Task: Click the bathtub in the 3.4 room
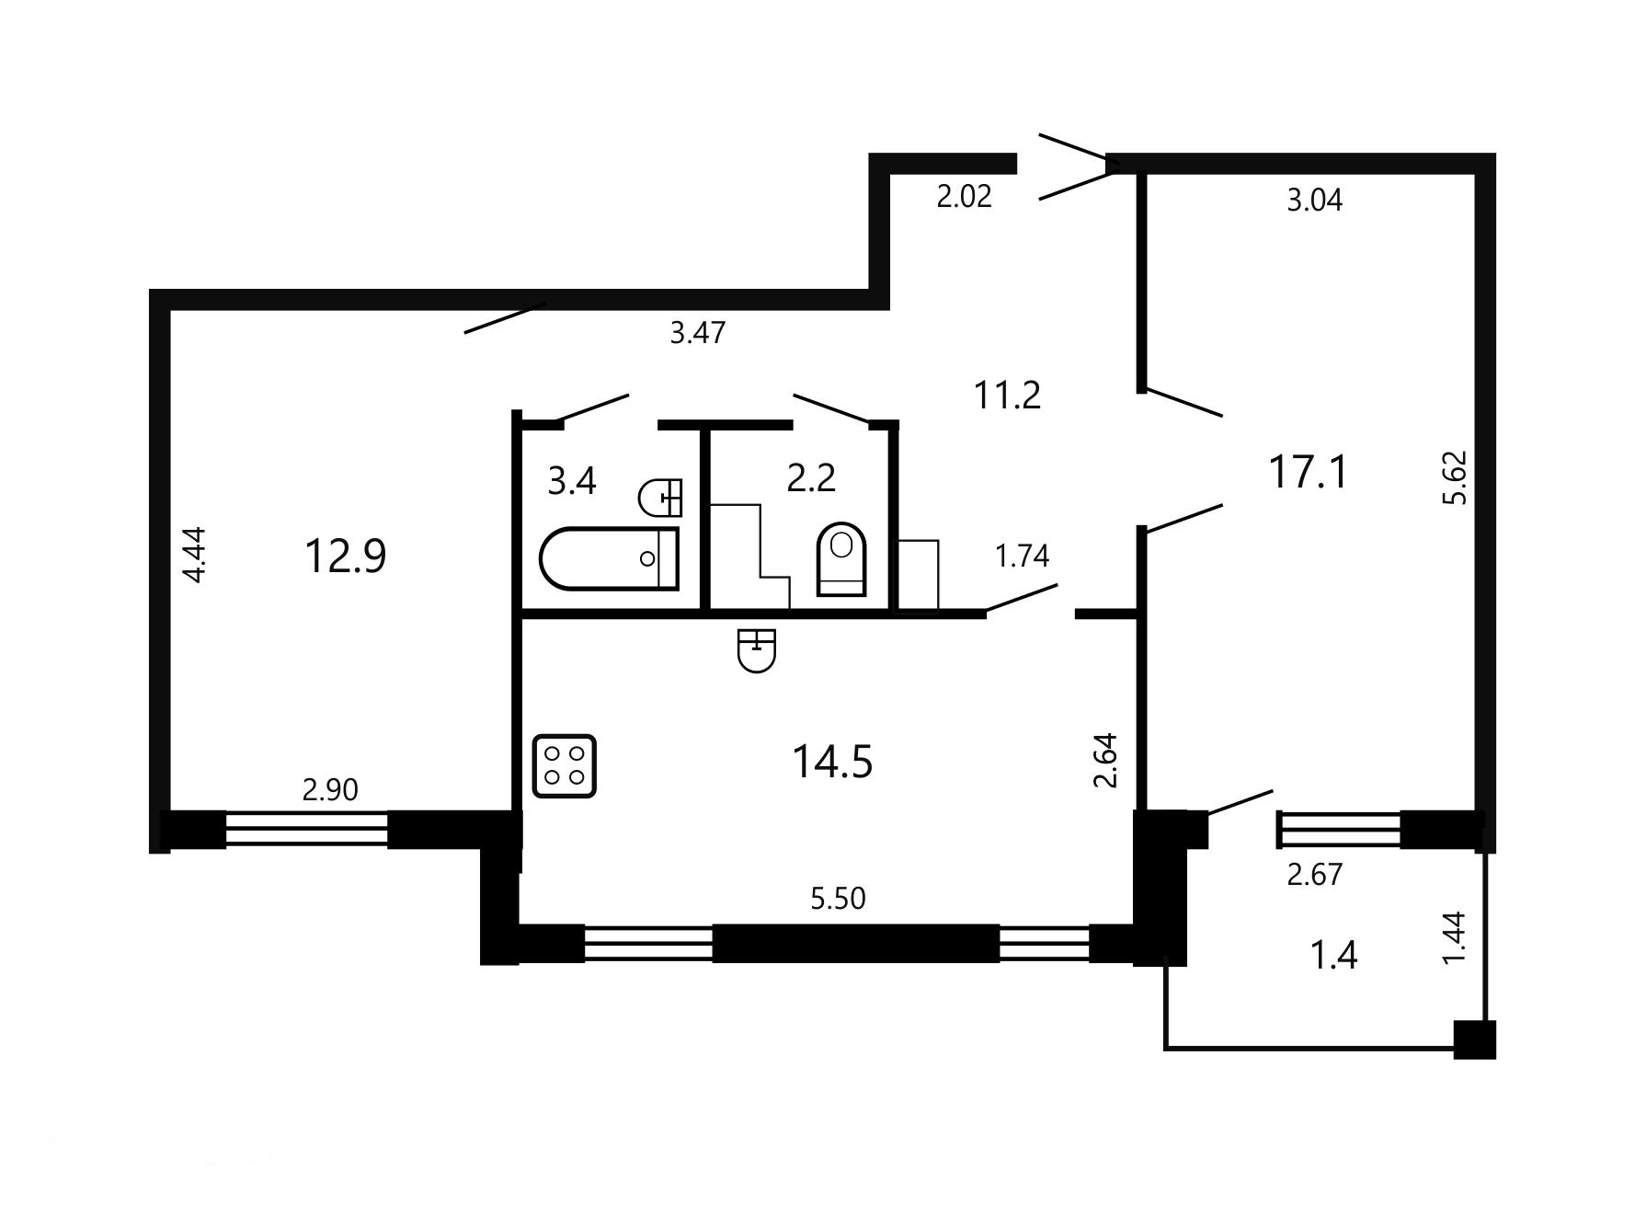609,558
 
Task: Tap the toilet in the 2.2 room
841,559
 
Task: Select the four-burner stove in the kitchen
565,765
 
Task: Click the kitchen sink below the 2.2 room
757,650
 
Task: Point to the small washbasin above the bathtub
660,498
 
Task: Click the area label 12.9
346,557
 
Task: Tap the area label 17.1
1308,473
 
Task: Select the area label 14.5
832,763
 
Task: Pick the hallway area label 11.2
1007,396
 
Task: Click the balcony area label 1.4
1333,957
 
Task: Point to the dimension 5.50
838,898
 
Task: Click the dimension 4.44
195,554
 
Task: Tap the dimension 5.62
1456,477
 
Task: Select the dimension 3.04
1314,201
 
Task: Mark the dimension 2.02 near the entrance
964,197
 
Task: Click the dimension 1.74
1022,556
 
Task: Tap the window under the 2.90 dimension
306,829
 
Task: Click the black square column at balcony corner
1474,1039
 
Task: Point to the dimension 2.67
1315,874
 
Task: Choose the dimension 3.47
698,332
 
